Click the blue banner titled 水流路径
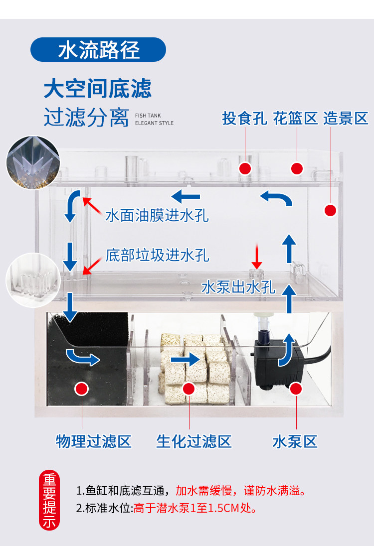pyautogui.click(x=98, y=50)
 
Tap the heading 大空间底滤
pyautogui.click(x=97, y=89)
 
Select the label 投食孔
pyautogui.click(x=244, y=119)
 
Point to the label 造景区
pyautogui.click(x=346, y=119)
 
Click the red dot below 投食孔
pyautogui.click(x=245, y=168)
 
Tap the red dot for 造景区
pyautogui.click(x=330, y=210)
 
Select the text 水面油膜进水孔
pyautogui.click(x=157, y=215)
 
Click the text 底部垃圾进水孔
pyautogui.click(x=157, y=255)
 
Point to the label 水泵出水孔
pyautogui.click(x=238, y=287)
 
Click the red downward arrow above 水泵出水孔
pyautogui.click(x=257, y=258)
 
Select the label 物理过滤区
pyautogui.click(x=94, y=441)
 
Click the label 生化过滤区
pyautogui.click(x=194, y=441)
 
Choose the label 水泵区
pyautogui.click(x=295, y=441)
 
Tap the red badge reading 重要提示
pyautogui.click(x=49, y=500)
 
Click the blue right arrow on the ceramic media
pyautogui.click(x=184, y=358)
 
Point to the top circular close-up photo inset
pyautogui.click(x=33, y=162)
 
